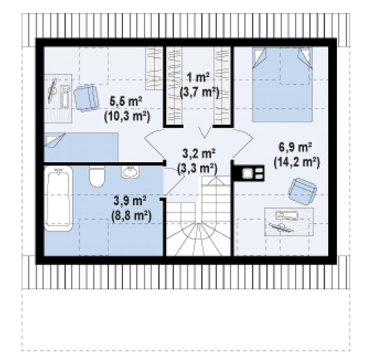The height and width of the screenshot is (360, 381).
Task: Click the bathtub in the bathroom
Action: click(58, 198)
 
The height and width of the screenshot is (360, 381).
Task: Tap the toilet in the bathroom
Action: click(97, 176)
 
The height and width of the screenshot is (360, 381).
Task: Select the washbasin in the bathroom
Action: click(130, 172)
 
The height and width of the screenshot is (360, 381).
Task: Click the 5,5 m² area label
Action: click(126, 102)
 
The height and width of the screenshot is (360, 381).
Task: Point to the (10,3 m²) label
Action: click(127, 117)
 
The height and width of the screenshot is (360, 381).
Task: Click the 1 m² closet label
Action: click(198, 78)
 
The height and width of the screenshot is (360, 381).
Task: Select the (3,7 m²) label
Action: click(199, 93)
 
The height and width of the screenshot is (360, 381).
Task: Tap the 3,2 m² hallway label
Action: click(199, 154)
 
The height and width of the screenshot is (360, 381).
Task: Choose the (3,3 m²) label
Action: click(197, 169)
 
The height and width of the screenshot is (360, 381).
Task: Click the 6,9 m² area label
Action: click(295, 147)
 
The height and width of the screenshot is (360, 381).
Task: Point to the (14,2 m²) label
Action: click(297, 162)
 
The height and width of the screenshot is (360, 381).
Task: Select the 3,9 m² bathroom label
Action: click(130, 201)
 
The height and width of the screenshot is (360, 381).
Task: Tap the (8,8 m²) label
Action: click(131, 216)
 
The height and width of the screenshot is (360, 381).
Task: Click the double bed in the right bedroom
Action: click(282, 84)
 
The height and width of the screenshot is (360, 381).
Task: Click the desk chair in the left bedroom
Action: click(86, 97)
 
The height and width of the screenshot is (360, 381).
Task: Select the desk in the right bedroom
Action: click(289, 222)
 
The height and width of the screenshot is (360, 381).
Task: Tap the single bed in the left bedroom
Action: click(81, 147)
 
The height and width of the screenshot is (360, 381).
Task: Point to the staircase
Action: click(198, 217)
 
